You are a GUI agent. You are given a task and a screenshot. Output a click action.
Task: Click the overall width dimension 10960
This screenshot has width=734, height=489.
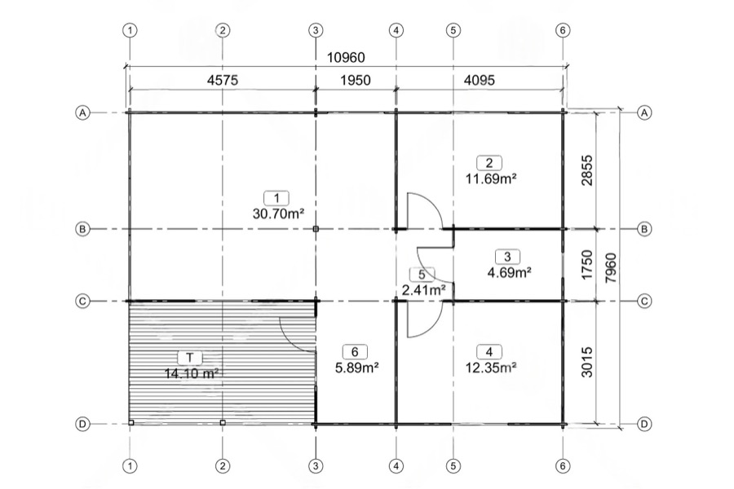[346, 57]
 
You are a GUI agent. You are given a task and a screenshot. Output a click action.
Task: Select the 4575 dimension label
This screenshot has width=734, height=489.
[223, 80]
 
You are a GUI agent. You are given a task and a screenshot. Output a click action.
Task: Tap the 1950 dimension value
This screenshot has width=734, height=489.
[356, 80]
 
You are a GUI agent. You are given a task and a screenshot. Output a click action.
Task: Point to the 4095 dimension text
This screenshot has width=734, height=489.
[479, 80]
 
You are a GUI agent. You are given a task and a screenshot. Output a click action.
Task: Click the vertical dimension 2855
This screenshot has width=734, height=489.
[586, 170]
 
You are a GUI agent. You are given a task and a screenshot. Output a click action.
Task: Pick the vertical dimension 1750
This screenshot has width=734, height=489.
[586, 265]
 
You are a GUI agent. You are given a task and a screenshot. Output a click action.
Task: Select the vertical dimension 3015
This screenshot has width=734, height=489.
[586, 362]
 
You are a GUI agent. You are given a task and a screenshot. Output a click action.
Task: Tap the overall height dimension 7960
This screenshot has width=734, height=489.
[611, 267]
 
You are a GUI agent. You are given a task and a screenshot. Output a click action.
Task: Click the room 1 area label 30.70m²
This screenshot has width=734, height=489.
[279, 214]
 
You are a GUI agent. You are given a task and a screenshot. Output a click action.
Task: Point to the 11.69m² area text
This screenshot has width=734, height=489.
[491, 178]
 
